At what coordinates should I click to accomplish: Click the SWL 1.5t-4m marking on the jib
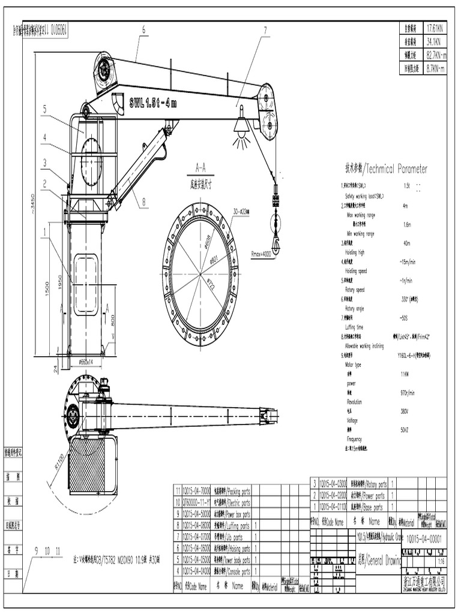coord(152,103)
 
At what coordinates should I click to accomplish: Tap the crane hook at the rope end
coord(276,243)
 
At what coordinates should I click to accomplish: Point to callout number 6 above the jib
coord(144,29)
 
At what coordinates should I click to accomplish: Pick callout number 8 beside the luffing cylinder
coord(144,202)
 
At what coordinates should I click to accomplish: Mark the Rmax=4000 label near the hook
coord(261,254)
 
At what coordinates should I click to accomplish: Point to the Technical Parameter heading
coord(386,169)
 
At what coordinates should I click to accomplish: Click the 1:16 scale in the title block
coord(441,562)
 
